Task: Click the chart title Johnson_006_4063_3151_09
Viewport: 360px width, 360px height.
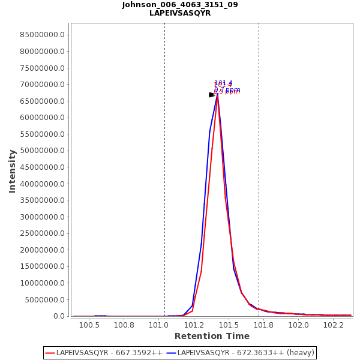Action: (x=180, y=5)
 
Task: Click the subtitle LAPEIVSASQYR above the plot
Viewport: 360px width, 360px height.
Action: (x=180, y=13)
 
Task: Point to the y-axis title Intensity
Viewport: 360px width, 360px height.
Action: (x=12, y=171)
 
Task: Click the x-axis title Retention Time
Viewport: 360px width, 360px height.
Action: (x=212, y=336)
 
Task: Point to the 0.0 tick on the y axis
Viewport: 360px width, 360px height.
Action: (x=59, y=316)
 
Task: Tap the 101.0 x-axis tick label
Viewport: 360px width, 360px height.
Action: (x=159, y=325)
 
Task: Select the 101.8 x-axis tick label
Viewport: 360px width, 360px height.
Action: (x=263, y=325)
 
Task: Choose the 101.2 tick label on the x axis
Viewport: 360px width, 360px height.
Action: (x=194, y=325)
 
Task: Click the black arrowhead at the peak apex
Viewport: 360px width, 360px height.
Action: (x=212, y=95)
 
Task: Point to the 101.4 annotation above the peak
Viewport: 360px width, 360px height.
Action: (x=223, y=83)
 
